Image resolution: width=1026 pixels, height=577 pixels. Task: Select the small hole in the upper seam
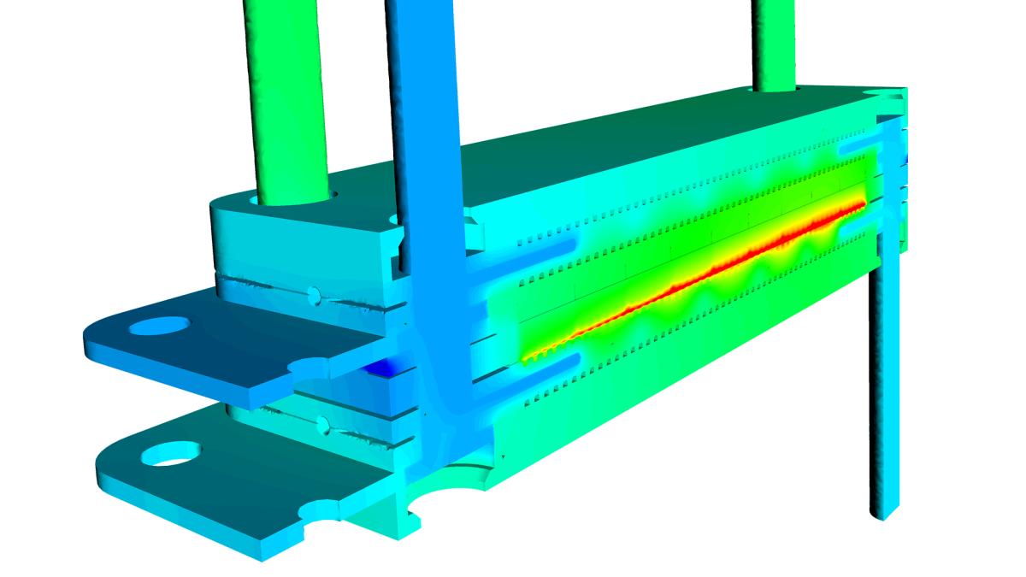[314, 295]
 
